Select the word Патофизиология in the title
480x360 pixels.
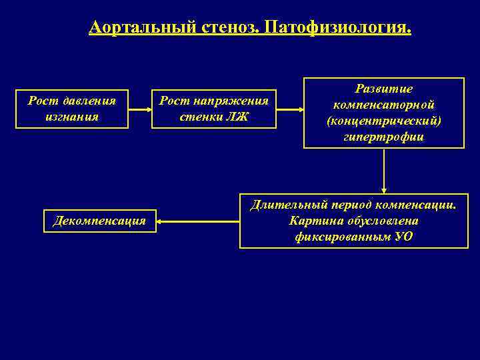click(x=337, y=28)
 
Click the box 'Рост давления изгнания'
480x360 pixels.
click(x=72, y=109)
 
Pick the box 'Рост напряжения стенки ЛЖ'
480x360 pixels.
click(x=214, y=109)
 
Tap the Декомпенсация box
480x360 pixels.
click(x=99, y=221)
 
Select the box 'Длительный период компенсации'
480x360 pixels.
click(x=353, y=221)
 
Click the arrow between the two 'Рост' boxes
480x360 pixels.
click(x=139, y=108)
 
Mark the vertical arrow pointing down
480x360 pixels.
click(x=384, y=170)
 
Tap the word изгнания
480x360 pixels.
click(x=73, y=117)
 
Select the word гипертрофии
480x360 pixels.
click(x=385, y=137)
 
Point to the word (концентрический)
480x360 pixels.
click(x=384, y=121)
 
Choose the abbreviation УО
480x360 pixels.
click(x=404, y=237)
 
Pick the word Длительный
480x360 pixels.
click(x=283, y=205)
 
